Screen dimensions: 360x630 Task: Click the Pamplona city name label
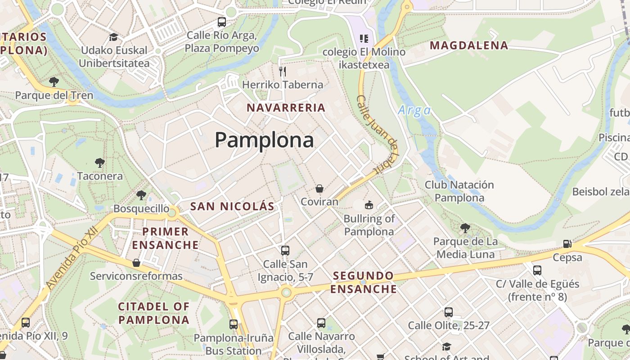pos(264,140)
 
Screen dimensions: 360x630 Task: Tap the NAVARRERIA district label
pos(286,108)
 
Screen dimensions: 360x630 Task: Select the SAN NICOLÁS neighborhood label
pos(232,207)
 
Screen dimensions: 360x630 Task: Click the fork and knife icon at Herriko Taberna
pos(283,71)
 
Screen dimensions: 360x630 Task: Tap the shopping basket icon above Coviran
pos(319,189)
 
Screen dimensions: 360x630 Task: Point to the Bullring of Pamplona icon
pos(369,205)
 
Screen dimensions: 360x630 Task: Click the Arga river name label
pos(414,110)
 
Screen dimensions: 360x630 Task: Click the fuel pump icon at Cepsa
pos(567,244)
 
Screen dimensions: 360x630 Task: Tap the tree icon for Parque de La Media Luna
pos(465,228)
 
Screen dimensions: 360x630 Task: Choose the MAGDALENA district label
pos(469,45)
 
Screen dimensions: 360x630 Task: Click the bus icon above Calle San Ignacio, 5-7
pos(285,250)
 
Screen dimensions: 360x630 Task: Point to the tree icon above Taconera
pos(99,162)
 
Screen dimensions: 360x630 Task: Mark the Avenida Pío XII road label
pos(72,259)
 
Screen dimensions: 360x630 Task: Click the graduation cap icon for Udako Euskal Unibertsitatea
pos(114,37)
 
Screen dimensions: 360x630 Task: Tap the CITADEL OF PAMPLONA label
pos(153,313)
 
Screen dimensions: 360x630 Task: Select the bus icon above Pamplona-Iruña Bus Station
pos(234,324)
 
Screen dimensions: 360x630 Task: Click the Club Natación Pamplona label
pos(459,191)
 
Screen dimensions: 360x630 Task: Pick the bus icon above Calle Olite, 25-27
pos(449,312)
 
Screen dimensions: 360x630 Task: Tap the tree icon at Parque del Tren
pos(54,82)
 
